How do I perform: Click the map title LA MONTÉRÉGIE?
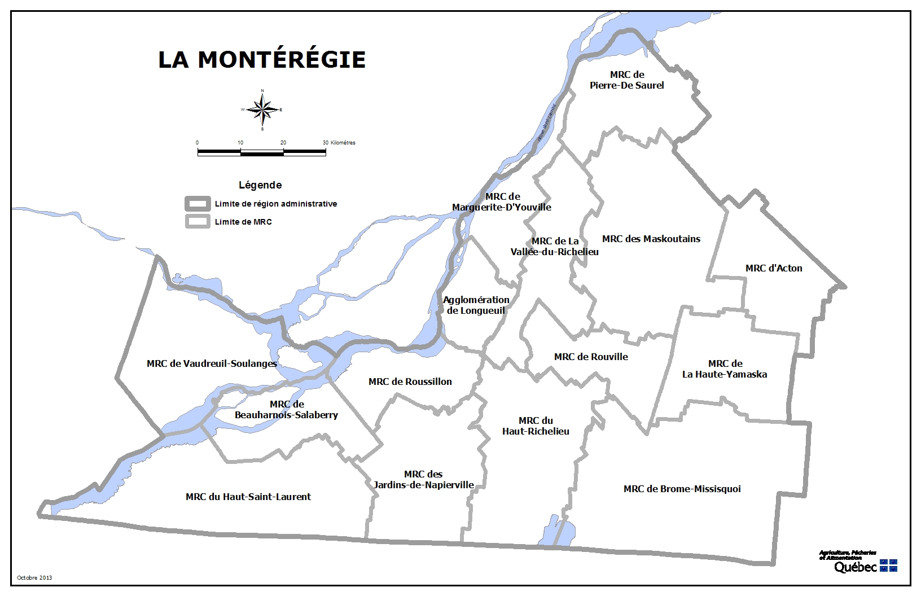click(x=262, y=59)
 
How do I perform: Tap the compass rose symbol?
click(x=262, y=109)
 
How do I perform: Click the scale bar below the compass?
click(x=261, y=152)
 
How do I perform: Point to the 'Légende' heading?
click(x=260, y=185)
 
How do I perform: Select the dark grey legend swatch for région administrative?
click(x=198, y=204)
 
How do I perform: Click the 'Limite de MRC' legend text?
click(x=243, y=222)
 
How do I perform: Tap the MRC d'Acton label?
click(x=773, y=268)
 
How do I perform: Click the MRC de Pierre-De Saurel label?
click(x=626, y=80)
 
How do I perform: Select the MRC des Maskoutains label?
click(x=651, y=239)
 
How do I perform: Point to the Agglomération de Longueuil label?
click(x=476, y=305)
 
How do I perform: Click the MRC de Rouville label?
click(x=591, y=357)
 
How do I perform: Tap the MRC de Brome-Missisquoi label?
click(x=682, y=489)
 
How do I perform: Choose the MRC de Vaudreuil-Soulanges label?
click(x=212, y=363)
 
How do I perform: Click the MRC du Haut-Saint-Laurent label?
click(x=248, y=497)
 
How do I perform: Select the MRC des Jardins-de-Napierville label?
click(x=423, y=480)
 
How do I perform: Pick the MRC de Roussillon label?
click(x=410, y=382)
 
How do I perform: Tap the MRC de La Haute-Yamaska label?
click(x=725, y=369)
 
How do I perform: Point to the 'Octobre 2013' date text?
click(x=34, y=577)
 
